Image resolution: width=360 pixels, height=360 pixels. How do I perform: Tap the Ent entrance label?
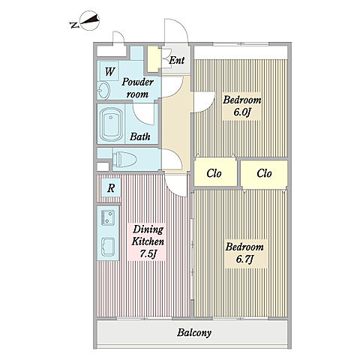click(177, 60)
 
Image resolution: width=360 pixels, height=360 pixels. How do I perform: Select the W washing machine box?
click(109, 71)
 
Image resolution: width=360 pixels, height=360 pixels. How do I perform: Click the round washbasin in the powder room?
click(103, 90)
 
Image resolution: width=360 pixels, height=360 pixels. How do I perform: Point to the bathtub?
click(111, 124)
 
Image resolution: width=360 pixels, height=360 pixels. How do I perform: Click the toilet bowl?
click(124, 160)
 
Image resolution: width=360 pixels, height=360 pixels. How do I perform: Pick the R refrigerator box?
click(111, 187)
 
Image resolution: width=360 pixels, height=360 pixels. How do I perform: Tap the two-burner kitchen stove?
click(108, 217)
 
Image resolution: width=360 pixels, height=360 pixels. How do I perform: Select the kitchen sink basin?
click(108, 246)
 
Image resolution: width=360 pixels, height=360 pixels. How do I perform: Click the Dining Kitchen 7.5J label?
click(148, 241)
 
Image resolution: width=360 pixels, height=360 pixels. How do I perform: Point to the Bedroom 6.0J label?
click(242, 106)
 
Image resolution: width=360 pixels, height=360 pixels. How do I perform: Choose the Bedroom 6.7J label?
click(244, 253)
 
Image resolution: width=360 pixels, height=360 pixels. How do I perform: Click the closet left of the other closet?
click(215, 173)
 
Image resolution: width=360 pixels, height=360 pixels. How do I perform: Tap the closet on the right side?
click(264, 174)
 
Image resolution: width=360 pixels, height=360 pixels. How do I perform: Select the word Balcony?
click(194, 333)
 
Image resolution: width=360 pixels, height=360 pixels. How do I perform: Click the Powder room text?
click(137, 88)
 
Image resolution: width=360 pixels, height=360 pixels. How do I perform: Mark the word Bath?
click(140, 136)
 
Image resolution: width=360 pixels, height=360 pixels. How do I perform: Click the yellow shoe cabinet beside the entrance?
click(153, 59)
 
